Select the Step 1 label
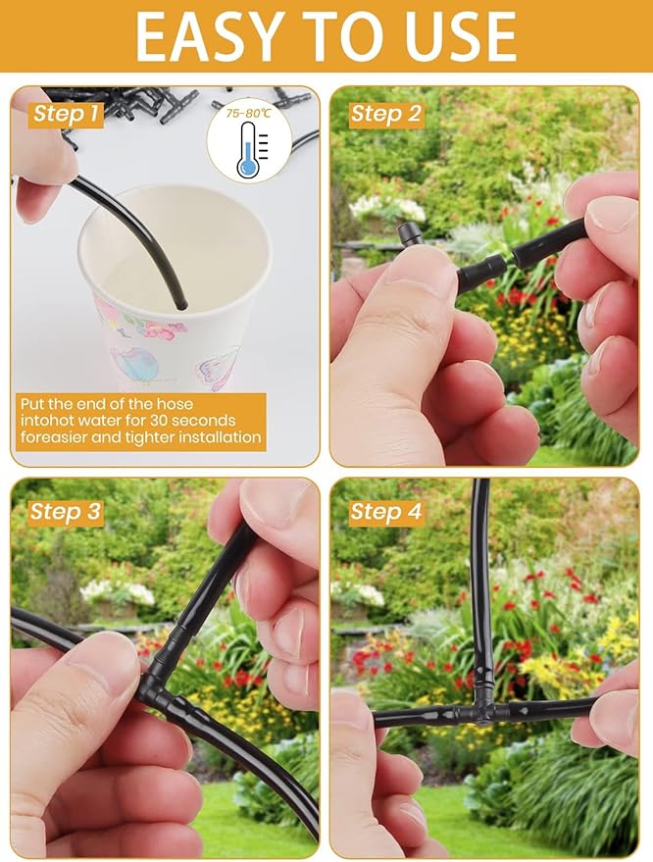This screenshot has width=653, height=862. tap(66, 114)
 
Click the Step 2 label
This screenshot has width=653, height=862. tap(386, 114)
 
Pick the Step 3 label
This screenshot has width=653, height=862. tap(66, 511)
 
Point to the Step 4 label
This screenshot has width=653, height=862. tap(386, 511)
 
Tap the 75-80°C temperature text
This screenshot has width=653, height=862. tap(249, 114)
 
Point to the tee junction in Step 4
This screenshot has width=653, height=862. tap(481, 709)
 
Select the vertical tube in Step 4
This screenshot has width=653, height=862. tap(480, 588)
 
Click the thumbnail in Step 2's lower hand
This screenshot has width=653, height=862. tap(422, 278)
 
